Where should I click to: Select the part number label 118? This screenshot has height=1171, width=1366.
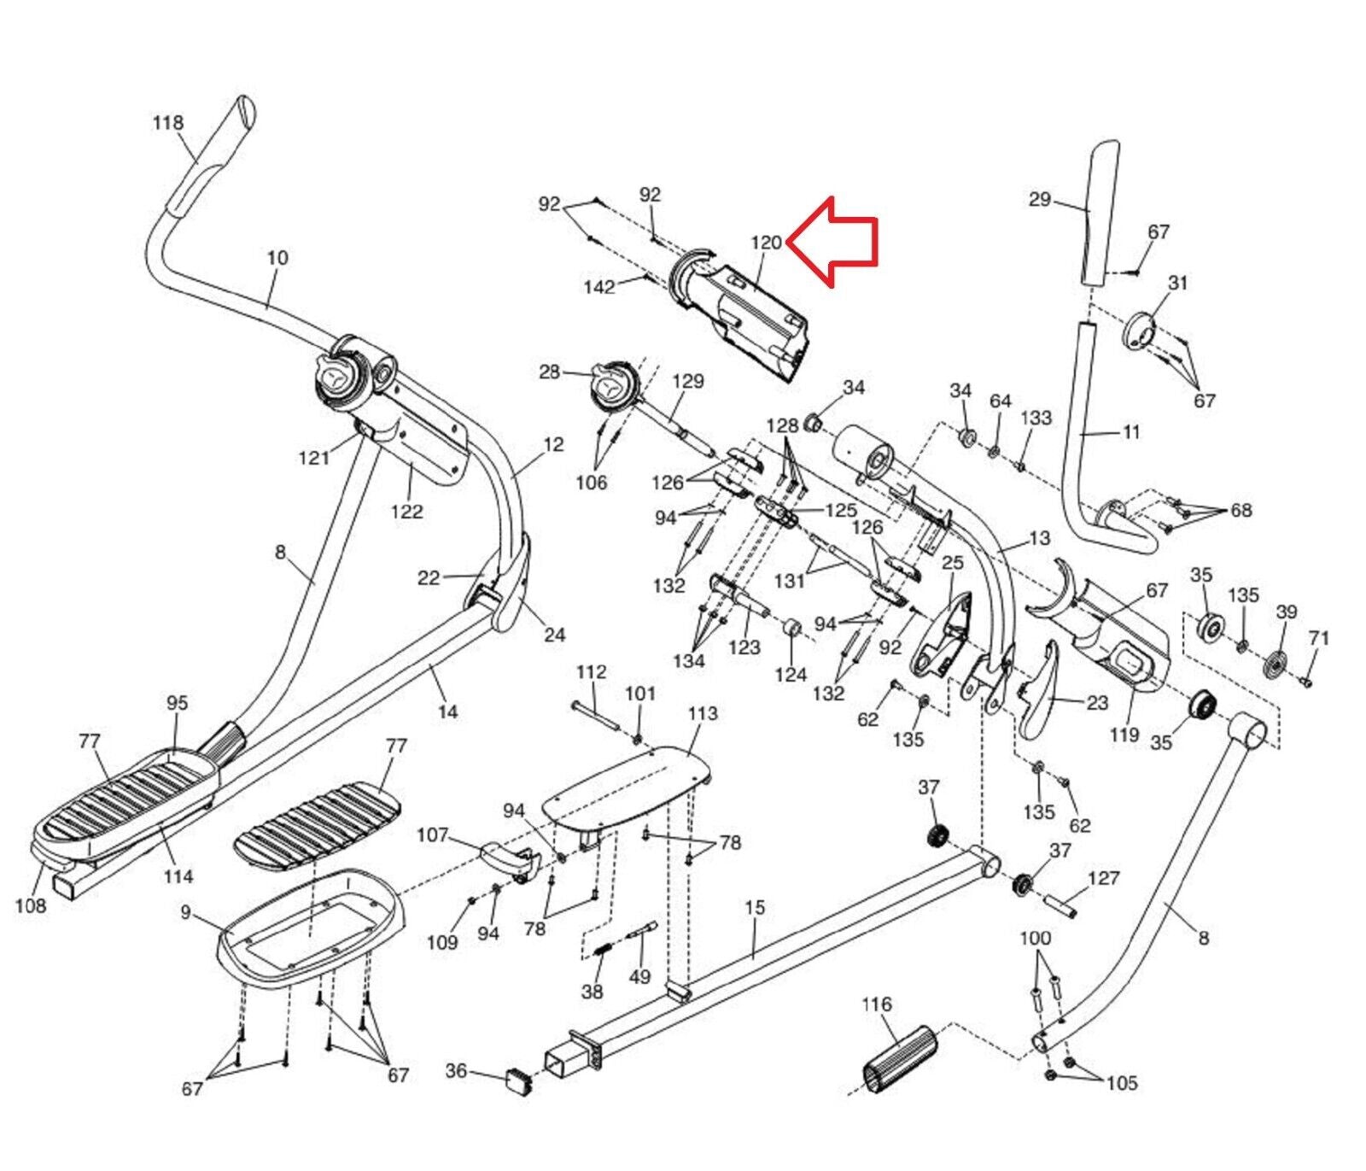[x=168, y=123]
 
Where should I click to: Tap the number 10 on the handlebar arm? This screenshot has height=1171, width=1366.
[x=277, y=257]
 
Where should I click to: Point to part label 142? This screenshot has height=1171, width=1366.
[x=599, y=287]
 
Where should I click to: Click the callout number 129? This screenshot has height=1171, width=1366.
[x=688, y=381]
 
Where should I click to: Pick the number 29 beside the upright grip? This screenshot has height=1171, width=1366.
[x=1040, y=199]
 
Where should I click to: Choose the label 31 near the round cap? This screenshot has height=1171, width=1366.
[x=1178, y=283]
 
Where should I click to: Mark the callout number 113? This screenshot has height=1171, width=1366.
[x=703, y=713]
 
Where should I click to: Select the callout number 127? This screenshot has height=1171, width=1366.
[x=1104, y=879]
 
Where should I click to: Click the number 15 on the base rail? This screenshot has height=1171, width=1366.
[x=755, y=907]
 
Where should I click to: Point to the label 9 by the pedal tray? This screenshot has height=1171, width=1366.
[x=186, y=913]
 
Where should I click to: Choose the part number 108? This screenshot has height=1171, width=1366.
[x=31, y=905]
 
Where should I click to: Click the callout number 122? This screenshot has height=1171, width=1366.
[x=406, y=512]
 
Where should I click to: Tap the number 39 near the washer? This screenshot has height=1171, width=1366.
[x=1287, y=612]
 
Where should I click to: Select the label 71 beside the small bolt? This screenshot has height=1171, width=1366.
[x=1319, y=638]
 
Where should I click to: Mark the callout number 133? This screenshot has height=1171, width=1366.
[x=1036, y=418]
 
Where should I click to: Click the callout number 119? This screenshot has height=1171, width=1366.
[x=1124, y=735]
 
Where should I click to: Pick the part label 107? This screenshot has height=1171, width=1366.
[x=432, y=834]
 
